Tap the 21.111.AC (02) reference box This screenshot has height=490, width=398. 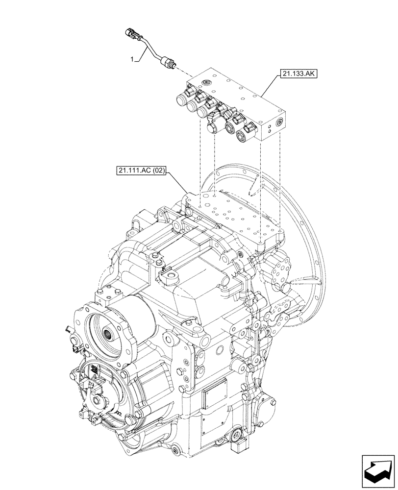[142, 171]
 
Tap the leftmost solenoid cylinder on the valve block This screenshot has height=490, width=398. [181, 101]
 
